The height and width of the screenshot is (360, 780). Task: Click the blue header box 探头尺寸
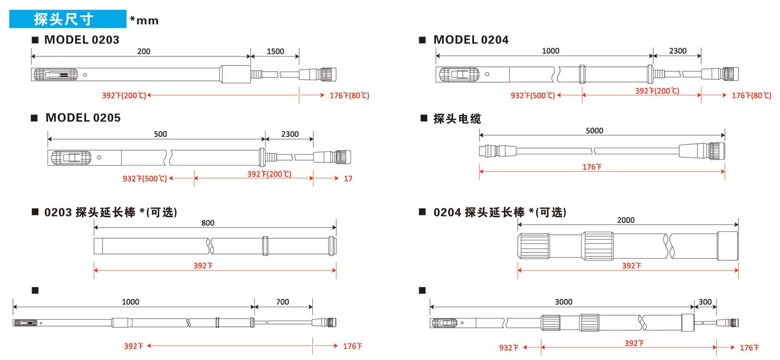coord(67,19)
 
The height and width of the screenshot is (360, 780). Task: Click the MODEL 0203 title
coord(82,40)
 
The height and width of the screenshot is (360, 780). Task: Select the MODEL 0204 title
coord(471,40)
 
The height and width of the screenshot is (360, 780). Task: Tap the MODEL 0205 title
coord(83,118)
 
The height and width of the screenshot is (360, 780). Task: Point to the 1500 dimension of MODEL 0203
coord(275,51)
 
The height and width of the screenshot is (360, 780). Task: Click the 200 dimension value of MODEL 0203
coord(144,51)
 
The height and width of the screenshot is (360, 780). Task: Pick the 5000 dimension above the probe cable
coord(594,131)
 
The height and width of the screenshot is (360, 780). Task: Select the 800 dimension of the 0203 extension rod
coord(208,223)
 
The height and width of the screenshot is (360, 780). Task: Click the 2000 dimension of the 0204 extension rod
coord(626,220)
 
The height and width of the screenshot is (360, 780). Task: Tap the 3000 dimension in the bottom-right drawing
coord(564,302)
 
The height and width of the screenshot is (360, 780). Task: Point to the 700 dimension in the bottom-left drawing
coord(282,302)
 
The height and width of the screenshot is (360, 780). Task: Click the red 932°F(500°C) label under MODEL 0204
coord(533,96)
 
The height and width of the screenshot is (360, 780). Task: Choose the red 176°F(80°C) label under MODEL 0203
coord(349,96)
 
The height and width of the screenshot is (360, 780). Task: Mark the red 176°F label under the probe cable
coord(592,167)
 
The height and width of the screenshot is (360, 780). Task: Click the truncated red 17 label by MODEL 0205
coord(348,179)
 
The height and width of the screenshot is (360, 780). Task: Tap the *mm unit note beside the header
coord(144,21)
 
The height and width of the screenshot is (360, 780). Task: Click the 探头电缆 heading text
coord(457,119)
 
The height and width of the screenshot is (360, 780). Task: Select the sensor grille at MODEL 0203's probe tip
coord(56,74)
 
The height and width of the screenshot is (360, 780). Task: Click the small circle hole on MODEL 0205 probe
coord(99,157)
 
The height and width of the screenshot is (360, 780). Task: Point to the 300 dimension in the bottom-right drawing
coord(705,302)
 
